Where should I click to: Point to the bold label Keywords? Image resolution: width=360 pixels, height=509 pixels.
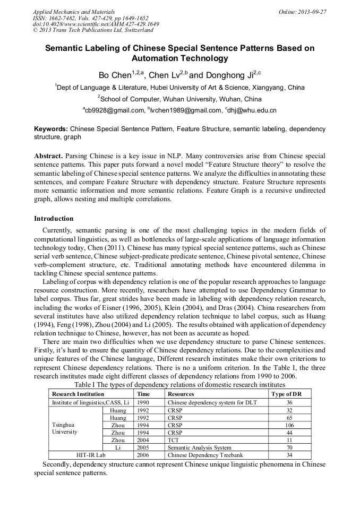[51, 129]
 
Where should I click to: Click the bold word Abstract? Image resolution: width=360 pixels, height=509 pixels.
[49, 156]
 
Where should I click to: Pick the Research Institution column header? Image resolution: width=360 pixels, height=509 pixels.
[78, 394]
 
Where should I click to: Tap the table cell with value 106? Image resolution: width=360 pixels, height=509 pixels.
[289, 425]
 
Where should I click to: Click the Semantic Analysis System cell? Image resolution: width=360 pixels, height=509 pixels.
[199, 447]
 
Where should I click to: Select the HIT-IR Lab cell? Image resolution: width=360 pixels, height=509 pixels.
[91, 455]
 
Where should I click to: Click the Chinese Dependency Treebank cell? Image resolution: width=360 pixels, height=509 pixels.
[205, 455]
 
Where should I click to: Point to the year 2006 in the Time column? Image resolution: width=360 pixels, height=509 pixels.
[143, 455]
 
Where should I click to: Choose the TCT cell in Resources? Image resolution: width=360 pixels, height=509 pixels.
[174, 440]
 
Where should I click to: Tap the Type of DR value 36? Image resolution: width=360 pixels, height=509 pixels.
[289, 402]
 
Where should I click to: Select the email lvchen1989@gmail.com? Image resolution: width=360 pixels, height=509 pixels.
[185, 110]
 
